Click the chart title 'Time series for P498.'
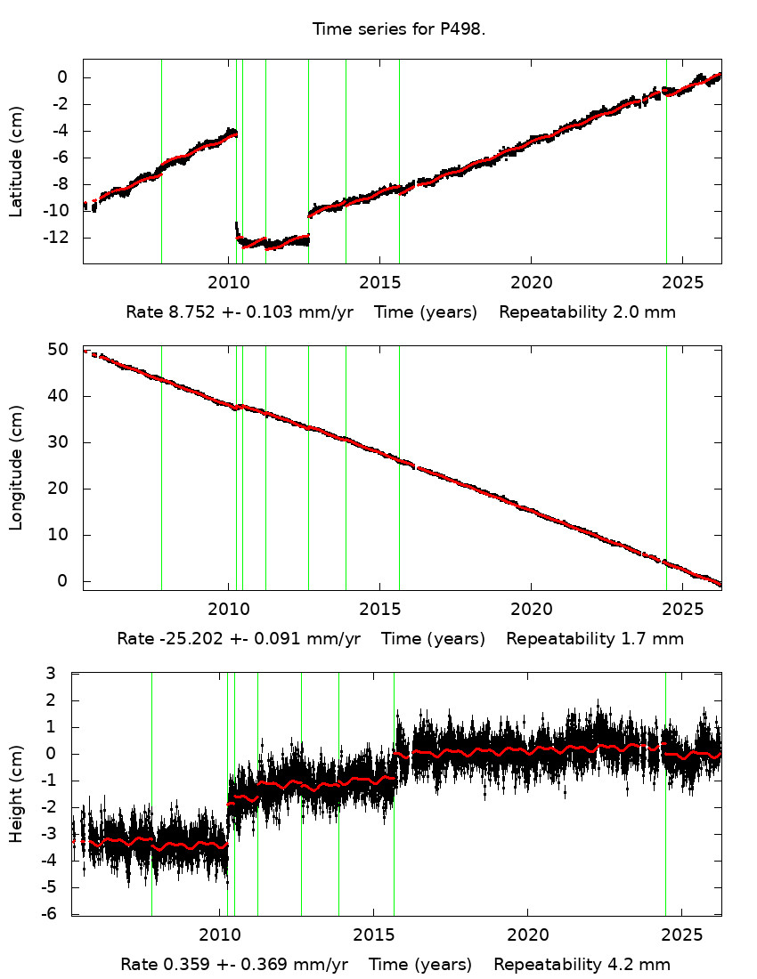pyautogui.click(x=398, y=29)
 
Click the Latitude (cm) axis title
pyautogui.click(x=16, y=161)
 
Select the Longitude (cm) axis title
pyautogui.click(x=16, y=467)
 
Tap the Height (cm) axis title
pyautogui.click(x=16, y=793)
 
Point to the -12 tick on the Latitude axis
pyautogui.click(x=59, y=238)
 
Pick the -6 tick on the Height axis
pyautogui.click(x=53, y=914)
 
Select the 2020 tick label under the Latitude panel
pyautogui.click(x=531, y=284)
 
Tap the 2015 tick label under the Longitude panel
pyautogui.click(x=379, y=610)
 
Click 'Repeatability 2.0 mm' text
pyautogui.click(x=587, y=312)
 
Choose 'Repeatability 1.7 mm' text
pyautogui.click(x=595, y=639)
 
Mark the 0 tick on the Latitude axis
pyautogui.click(x=63, y=77)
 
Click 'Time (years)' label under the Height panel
pyautogui.click(x=420, y=965)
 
